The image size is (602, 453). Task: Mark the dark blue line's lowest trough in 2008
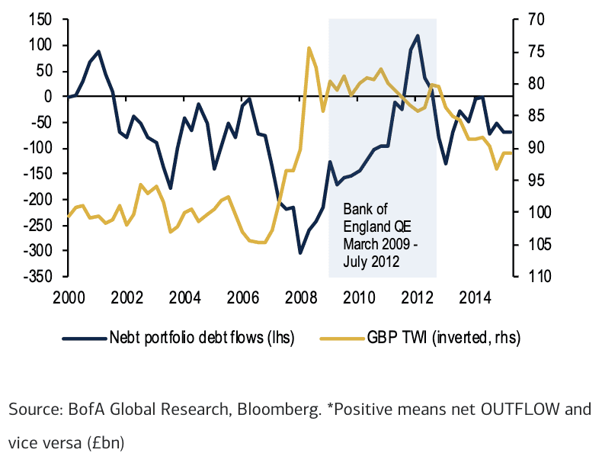click(300, 252)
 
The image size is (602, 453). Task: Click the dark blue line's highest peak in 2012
click(418, 36)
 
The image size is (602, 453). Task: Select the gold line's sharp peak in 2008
click(309, 48)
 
